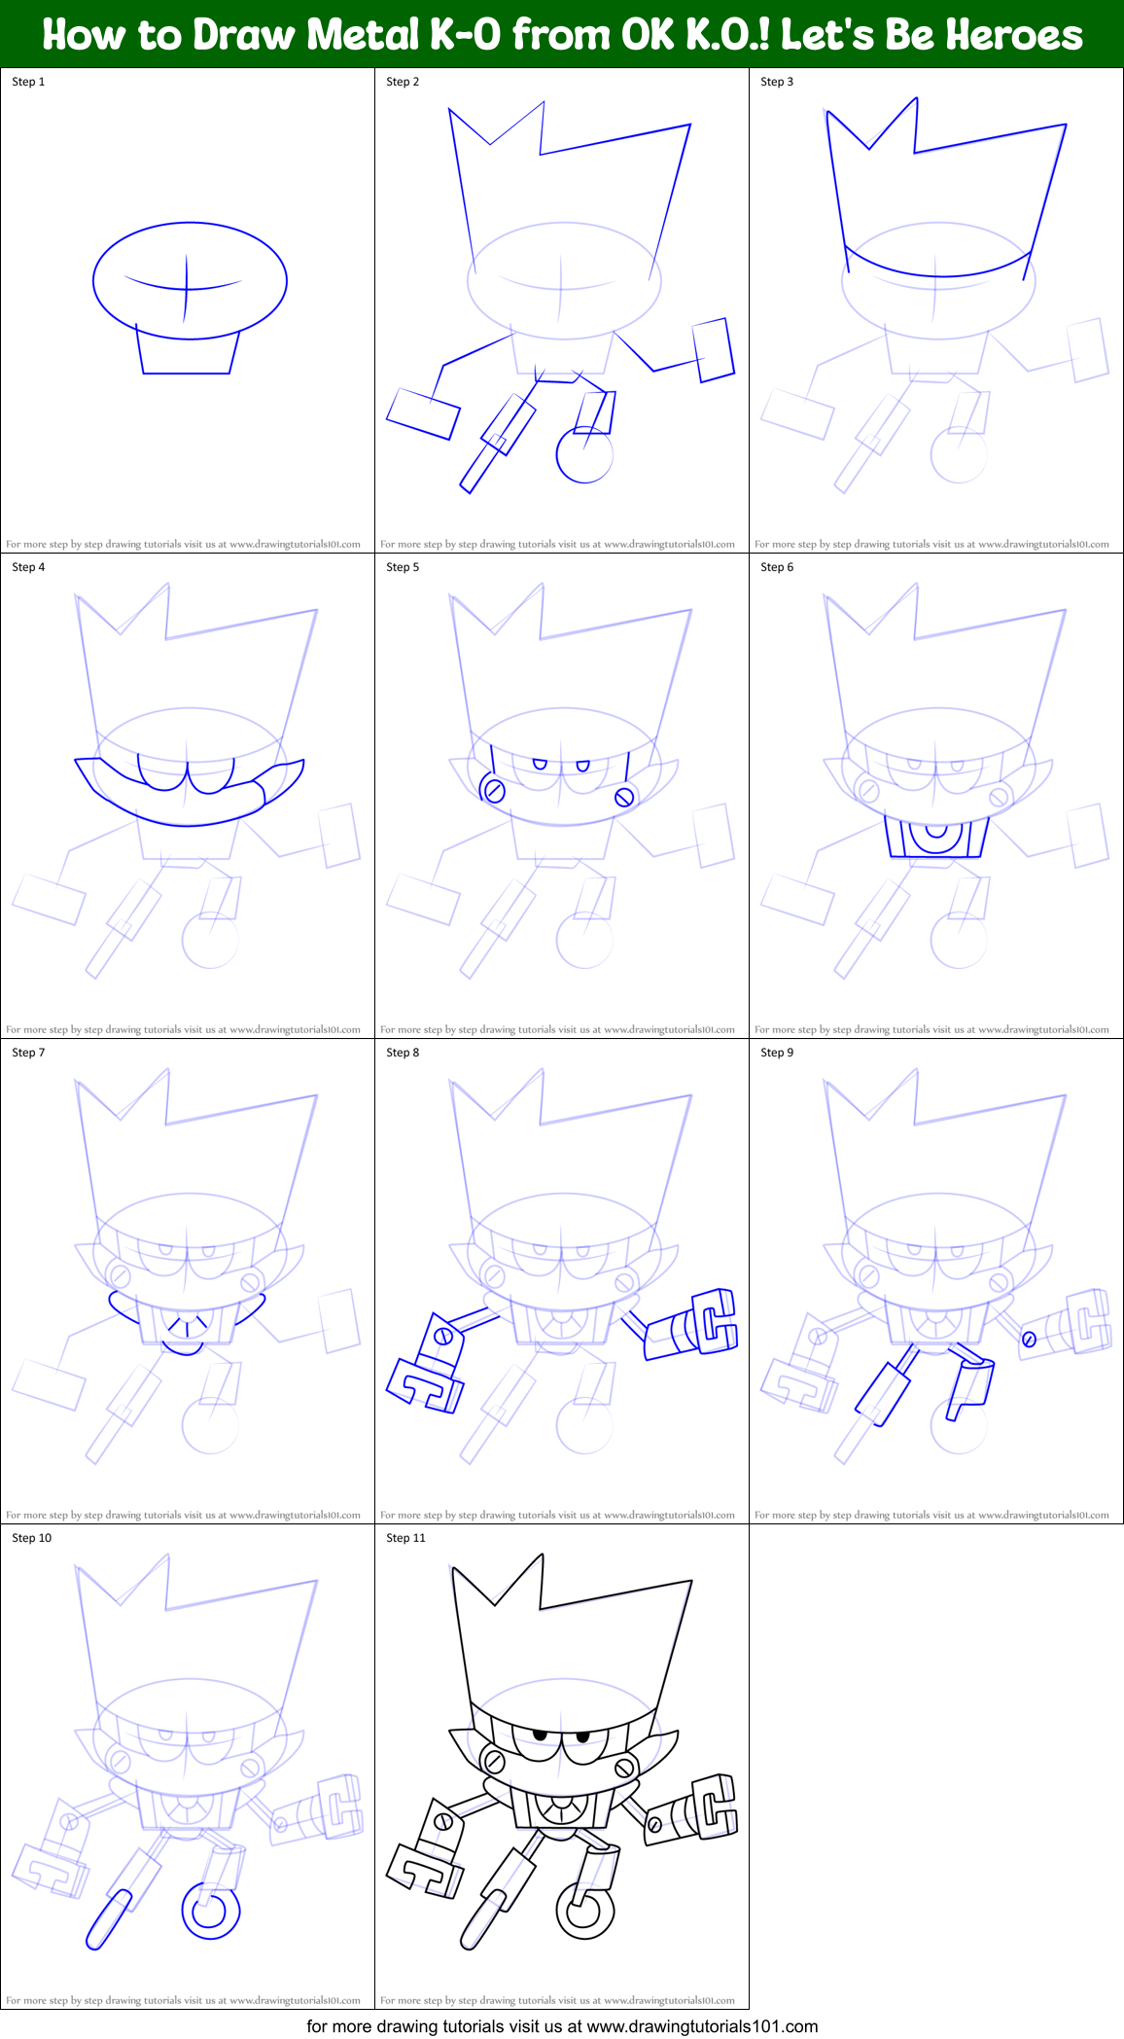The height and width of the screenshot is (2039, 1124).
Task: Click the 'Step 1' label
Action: (28, 82)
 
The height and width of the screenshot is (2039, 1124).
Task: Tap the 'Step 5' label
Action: (403, 567)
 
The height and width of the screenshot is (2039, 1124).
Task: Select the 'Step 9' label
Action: (777, 1053)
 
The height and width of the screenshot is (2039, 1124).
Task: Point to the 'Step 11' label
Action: (405, 1538)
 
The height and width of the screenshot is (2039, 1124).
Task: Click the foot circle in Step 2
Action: (584, 455)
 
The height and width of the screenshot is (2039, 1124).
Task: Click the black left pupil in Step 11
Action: (540, 1735)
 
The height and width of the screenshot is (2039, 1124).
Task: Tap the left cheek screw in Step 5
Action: (494, 790)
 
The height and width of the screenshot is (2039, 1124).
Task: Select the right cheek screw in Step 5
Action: (624, 798)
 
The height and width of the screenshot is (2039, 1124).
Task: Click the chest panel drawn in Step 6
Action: (936, 838)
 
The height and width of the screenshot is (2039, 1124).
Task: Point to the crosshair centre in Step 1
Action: (187, 288)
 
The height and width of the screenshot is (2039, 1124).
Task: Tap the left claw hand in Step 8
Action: (426, 1385)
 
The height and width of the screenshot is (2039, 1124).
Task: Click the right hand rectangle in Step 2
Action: (713, 349)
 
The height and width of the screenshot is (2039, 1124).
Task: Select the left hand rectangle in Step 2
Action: (423, 413)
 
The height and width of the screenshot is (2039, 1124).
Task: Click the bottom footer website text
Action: (562, 2026)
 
